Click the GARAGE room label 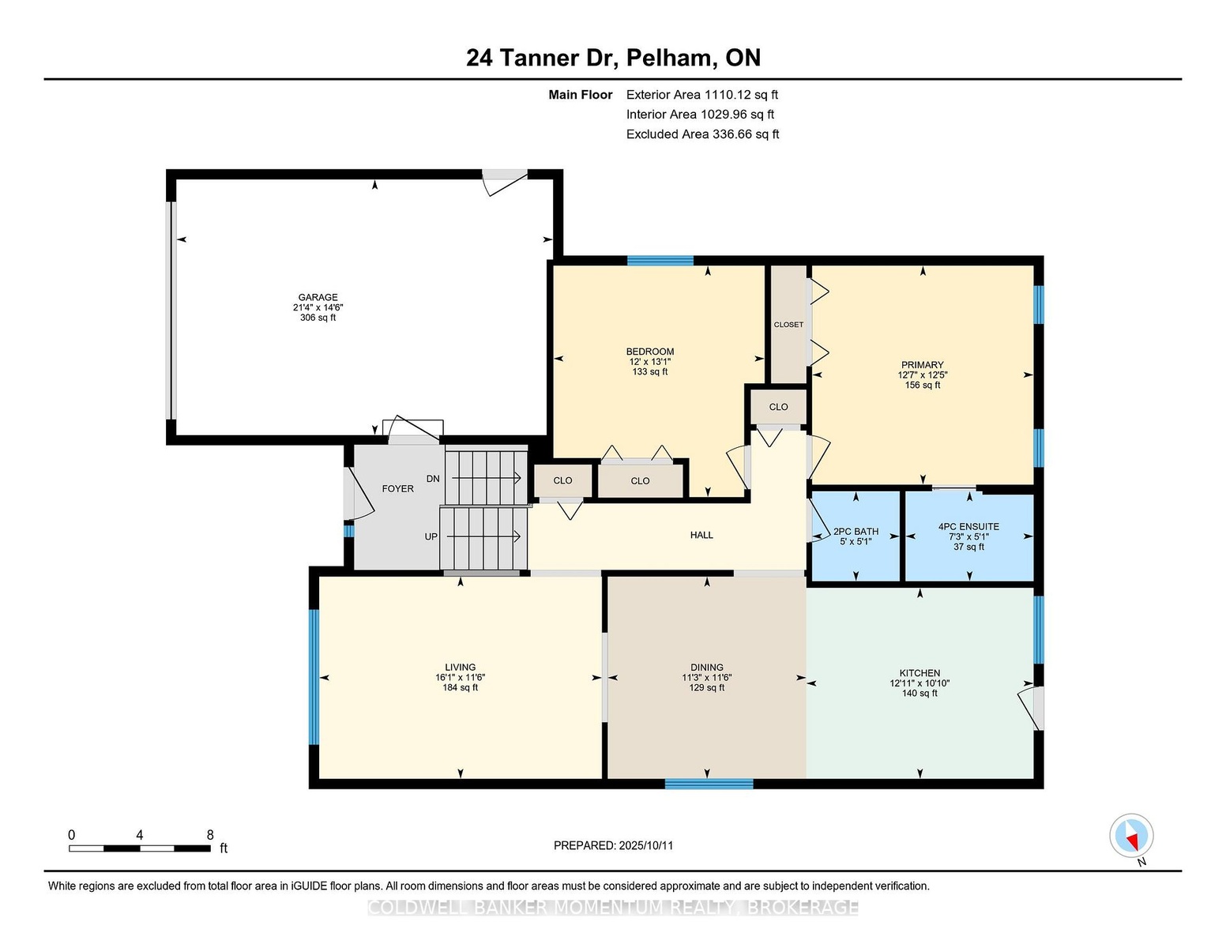pyautogui.click(x=318, y=297)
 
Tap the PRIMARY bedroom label pyautogui.click(x=922, y=365)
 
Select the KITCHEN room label pyautogui.click(x=919, y=673)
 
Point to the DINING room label pyautogui.click(x=706, y=667)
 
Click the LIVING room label pyautogui.click(x=460, y=667)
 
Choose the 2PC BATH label pyautogui.click(x=856, y=531)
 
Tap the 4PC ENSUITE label pyautogui.click(x=968, y=526)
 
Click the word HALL pyautogui.click(x=701, y=535)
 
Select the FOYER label pyautogui.click(x=398, y=488)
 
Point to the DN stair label pyautogui.click(x=433, y=479)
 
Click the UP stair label pyautogui.click(x=431, y=536)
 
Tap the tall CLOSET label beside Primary pyautogui.click(x=788, y=325)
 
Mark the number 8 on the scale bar pyautogui.click(x=210, y=835)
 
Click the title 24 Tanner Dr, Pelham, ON pyautogui.click(x=613, y=58)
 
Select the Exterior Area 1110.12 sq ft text pyautogui.click(x=701, y=95)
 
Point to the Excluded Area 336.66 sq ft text pyautogui.click(x=702, y=134)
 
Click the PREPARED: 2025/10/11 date pyautogui.click(x=613, y=845)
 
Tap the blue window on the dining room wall pyautogui.click(x=709, y=784)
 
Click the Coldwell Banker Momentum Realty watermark pyautogui.click(x=613, y=908)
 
